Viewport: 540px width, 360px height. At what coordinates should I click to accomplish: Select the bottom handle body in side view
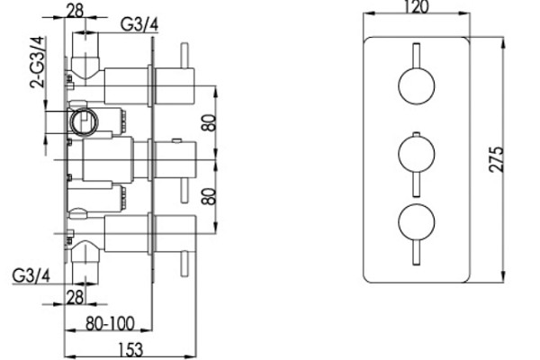point(131,230)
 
